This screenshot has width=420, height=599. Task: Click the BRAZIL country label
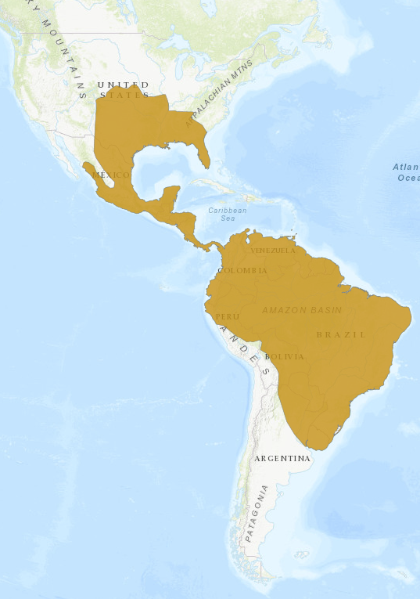[341, 334]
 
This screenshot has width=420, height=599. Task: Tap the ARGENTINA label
[283, 458]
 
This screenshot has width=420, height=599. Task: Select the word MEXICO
[110, 175]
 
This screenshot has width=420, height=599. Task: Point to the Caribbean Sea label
[228, 214]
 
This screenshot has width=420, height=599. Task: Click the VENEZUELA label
[273, 251]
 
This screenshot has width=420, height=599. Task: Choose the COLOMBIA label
[242, 271]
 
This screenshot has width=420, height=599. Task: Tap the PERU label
[227, 316]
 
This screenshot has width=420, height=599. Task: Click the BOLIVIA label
[284, 356]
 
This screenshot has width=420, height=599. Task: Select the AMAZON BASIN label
[302, 310]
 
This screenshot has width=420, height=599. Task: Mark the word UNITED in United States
[123, 84]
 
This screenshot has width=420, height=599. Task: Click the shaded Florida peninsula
[203, 153]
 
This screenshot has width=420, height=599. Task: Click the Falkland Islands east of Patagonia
[302, 554]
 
